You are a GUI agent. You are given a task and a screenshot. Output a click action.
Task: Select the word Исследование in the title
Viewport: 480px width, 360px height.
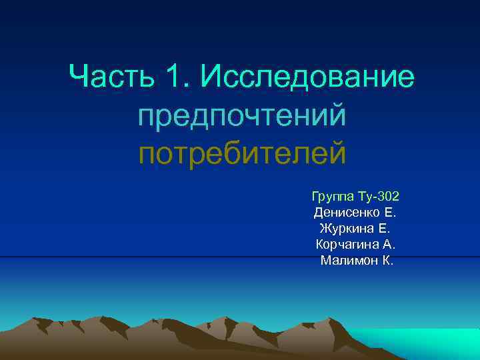[x=307, y=79]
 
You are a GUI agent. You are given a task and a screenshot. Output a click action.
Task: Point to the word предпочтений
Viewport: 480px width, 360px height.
[x=242, y=117]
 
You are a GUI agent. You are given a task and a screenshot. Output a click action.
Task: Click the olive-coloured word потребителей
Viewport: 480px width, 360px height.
[x=242, y=153]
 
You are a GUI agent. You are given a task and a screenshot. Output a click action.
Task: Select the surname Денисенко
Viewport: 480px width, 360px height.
[x=347, y=213]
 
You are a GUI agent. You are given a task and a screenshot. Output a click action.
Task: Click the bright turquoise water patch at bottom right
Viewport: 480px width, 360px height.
[x=427, y=343]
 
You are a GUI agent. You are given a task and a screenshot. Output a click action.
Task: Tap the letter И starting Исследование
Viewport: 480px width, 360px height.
[x=207, y=79]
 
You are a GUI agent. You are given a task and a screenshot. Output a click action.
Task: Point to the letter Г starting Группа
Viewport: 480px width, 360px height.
[x=315, y=197]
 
